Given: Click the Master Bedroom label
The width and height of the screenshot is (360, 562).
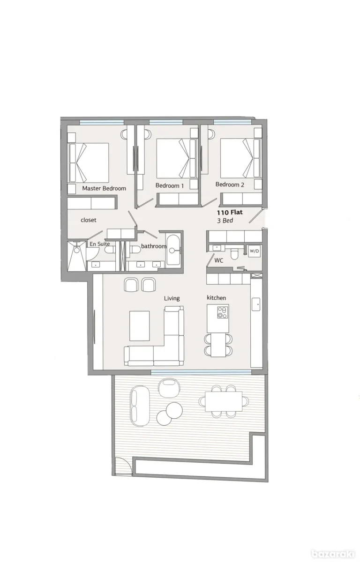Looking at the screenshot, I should [x=104, y=188].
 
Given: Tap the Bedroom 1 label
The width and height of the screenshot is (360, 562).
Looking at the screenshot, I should [x=169, y=185].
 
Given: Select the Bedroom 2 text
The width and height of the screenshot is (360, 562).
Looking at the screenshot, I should [x=230, y=185].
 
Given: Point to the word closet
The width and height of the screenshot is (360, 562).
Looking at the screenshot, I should [x=89, y=220].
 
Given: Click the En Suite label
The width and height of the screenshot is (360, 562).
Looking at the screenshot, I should [x=99, y=244].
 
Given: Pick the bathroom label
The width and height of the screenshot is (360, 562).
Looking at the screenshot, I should [x=154, y=246].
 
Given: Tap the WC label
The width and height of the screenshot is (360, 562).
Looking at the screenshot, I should [x=218, y=260].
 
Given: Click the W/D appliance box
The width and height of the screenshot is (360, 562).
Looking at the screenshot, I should [x=254, y=251].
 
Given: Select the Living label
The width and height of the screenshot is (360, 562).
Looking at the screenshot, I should [x=172, y=298].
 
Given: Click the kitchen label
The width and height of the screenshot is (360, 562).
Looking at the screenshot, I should [x=217, y=298].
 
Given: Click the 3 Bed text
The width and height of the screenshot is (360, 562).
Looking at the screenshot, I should [x=225, y=220].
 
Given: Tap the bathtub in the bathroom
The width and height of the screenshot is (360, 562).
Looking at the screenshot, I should [x=173, y=251].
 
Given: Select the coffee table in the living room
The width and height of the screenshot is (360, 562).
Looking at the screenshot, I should [x=139, y=325].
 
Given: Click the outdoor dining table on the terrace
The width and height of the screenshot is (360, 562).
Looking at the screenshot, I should [x=224, y=401].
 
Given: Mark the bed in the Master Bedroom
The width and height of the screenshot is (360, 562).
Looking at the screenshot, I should [x=89, y=163].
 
